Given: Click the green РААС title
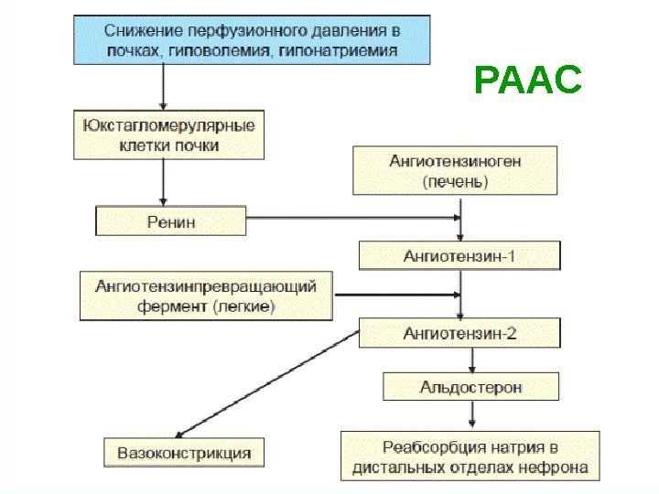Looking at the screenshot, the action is [528, 82].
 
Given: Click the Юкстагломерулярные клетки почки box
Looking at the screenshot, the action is [169, 134].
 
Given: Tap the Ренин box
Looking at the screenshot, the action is [171, 220].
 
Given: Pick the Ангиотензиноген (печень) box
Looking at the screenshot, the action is [455, 171].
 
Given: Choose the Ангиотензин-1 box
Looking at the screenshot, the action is [459, 255].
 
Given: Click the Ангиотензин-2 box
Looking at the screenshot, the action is [459, 334].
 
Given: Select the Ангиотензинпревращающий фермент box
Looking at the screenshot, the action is [206, 295].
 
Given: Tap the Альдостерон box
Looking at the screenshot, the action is [471, 387].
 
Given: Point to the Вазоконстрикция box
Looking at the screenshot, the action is [183, 452].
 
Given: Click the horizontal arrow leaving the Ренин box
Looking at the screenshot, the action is [352, 219].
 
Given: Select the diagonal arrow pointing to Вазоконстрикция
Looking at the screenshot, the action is [265, 384].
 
